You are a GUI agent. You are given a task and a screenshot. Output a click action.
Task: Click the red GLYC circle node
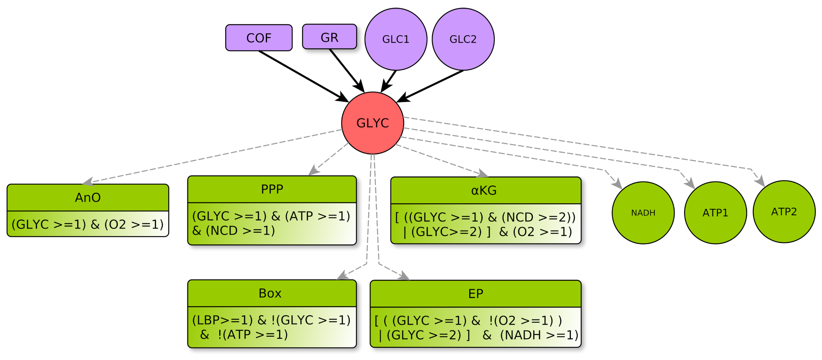372,123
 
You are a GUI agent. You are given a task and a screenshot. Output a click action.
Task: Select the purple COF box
259,38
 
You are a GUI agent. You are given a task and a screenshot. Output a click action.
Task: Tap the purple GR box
329,37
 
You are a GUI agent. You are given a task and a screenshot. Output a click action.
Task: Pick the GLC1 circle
396,39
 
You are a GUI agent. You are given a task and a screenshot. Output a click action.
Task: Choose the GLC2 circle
463,39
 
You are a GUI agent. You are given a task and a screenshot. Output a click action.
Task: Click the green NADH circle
643,213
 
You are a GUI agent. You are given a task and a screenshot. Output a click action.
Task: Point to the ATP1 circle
715,213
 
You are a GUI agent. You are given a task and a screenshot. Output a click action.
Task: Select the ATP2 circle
784,212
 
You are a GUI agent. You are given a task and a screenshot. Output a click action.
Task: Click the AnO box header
88,198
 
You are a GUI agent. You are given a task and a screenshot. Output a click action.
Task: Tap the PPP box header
272,189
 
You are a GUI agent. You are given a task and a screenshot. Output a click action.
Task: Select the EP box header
476,294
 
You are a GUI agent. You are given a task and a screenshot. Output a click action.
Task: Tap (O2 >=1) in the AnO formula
134,224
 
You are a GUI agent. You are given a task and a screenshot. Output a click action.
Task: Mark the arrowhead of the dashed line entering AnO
87,182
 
